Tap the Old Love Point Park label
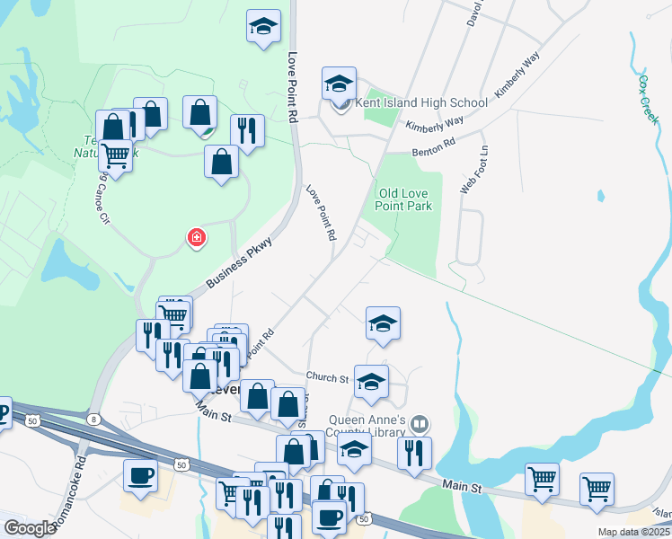404,199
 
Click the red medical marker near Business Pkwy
196,238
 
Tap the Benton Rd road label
434,147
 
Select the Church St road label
326,378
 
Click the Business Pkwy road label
238,261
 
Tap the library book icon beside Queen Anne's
418,423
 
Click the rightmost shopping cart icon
597,490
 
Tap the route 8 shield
93,420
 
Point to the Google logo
30,529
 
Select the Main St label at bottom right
463,486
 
